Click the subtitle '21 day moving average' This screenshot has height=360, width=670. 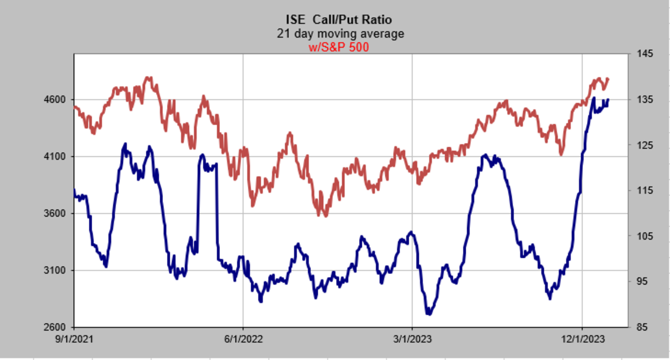click(x=340, y=34)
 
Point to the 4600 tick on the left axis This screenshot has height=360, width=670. click(x=58, y=100)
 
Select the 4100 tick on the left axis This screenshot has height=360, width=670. click(x=58, y=157)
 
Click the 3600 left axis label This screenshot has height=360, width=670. click(x=58, y=214)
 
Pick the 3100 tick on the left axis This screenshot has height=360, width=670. click(x=58, y=271)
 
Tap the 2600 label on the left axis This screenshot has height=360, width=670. click(x=58, y=327)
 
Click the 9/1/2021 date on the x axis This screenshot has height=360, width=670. click(x=74, y=339)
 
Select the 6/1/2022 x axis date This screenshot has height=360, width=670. click(x=243, y=339)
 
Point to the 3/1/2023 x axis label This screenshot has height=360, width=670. click(x=412, y=339)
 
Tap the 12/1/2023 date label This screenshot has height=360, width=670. click(x=582, y=339)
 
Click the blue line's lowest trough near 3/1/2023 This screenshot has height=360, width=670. click(x=429, y=314)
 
